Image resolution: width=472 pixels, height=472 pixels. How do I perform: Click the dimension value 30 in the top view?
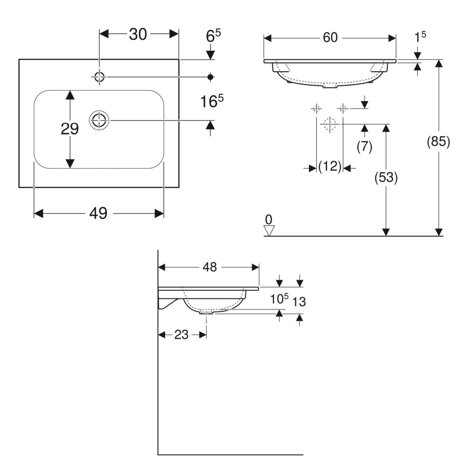click(138, 35)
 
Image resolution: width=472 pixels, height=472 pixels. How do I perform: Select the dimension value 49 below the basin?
click(98, 213)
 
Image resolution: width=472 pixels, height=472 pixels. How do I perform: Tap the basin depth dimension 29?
click(70, 129)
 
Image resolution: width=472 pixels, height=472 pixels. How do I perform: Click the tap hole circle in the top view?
click(100, 77)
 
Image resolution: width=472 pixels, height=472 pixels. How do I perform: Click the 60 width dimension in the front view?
click(330, 38)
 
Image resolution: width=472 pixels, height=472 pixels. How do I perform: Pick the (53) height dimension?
click(386, 178)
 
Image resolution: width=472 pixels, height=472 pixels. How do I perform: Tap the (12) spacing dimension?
click(330, 168)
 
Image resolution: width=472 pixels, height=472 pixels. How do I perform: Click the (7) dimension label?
click(364, 146)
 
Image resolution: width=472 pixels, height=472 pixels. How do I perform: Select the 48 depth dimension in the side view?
click(210, 267)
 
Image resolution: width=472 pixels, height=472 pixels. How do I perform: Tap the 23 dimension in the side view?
click(181, 335)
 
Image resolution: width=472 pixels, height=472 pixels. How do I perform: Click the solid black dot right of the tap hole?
click(210, 77)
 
